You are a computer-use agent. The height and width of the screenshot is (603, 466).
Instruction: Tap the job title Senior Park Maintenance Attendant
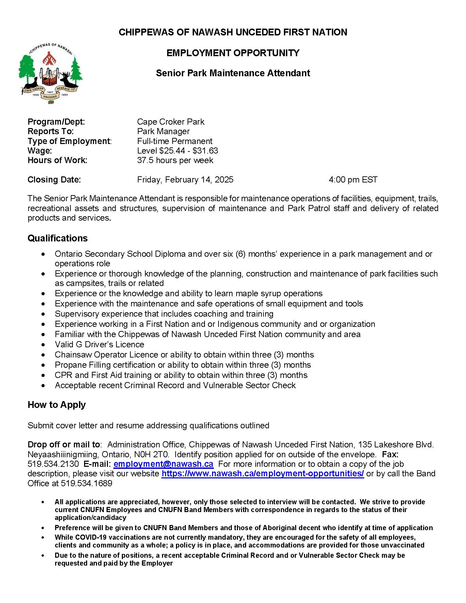pos(233,73)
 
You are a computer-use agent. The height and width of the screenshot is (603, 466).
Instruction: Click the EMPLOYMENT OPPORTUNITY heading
pos(233,53)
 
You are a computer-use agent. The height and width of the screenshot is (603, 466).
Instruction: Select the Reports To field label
pos(50,131)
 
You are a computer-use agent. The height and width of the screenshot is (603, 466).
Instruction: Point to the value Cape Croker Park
pos(171,122)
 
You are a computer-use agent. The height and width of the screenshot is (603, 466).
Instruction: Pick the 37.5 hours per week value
pos(175,160)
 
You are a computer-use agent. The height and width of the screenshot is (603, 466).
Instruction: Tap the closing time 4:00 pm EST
pos(353,180)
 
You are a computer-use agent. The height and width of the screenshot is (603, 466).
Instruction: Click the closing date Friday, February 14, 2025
pos(185,180)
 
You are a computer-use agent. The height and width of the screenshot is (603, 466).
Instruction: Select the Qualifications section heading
pos(58,238)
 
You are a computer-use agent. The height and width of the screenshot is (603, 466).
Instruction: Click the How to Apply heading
pos(57,405)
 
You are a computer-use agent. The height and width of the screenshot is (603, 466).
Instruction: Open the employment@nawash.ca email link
pos(163,464)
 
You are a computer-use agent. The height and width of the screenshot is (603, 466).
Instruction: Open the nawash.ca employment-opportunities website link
pos(262,474)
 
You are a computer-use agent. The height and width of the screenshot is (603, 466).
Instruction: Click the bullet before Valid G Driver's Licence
pos(43,345)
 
